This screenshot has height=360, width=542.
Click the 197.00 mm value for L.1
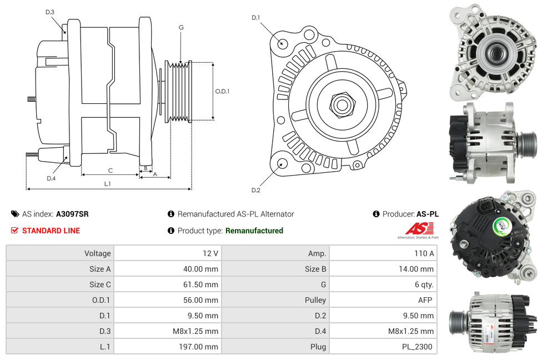click(x=202, y=347)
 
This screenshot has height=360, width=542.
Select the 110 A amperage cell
click(x=424, y=253)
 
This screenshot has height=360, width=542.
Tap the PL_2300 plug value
click(x=419, y=347)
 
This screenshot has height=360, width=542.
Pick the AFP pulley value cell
click(x=426, y=300)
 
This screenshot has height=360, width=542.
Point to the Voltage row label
click(x=97, y=253)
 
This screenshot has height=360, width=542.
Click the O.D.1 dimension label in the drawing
click(x=222, y=92)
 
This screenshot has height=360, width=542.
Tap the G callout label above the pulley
click(x=181, y=27)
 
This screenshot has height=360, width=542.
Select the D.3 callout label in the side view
click(x=50, y=12)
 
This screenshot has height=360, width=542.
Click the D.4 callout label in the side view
click(x=51, y=178)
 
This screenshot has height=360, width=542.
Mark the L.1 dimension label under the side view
click(x=108, y=184)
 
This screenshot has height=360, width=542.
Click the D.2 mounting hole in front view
click(x=282, y=163)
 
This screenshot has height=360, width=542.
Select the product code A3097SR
click(x=72, y=214)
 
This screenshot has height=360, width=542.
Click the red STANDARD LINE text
click(x=51, y=231)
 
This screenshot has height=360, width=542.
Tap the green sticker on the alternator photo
click(x=502, y=226)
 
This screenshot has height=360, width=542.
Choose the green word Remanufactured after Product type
click(x=254, y=231)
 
